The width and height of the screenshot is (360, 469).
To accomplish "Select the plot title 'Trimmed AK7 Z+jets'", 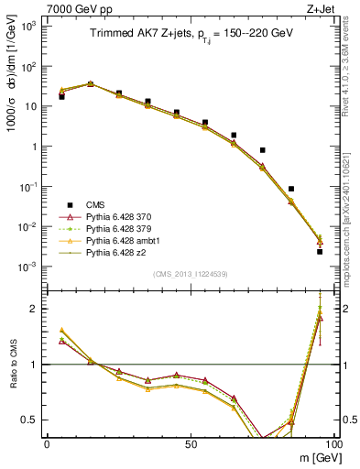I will (135, 35).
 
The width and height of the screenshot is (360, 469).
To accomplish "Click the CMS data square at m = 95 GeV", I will (320, 251).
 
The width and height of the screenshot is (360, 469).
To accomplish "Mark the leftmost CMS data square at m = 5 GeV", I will (61, 96).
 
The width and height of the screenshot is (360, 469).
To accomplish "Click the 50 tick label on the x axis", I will (190, 442).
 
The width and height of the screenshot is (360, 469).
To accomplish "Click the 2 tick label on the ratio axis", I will (37, 309).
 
